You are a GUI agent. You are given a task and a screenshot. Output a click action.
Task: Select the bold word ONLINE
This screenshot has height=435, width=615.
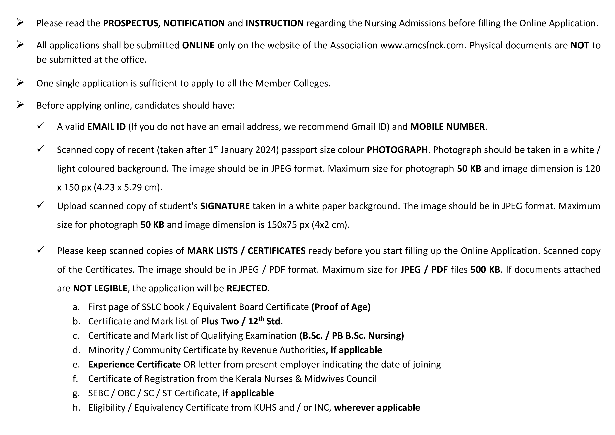pos(198,46)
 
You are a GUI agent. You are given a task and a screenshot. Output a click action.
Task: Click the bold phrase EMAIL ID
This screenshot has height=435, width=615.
pos(106,127)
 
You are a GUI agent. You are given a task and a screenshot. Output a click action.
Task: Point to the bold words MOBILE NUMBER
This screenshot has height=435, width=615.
pos(447,127)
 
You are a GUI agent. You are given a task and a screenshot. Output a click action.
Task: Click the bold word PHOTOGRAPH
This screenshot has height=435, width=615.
pos(397,150)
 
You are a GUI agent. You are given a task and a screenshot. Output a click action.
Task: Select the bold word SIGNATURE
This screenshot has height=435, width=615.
pos(225,206)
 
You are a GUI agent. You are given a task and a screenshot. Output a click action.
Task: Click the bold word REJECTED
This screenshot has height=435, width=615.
pos(247,288)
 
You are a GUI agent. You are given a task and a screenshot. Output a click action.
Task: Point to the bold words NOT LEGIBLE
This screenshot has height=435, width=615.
pos(100,288)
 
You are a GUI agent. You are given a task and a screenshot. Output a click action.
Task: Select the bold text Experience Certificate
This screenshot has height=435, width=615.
pos(134,365)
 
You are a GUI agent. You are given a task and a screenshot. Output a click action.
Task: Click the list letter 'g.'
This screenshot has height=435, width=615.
pos(76,393)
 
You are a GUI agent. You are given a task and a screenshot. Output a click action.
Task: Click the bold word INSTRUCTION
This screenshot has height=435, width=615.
pos(275,23)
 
